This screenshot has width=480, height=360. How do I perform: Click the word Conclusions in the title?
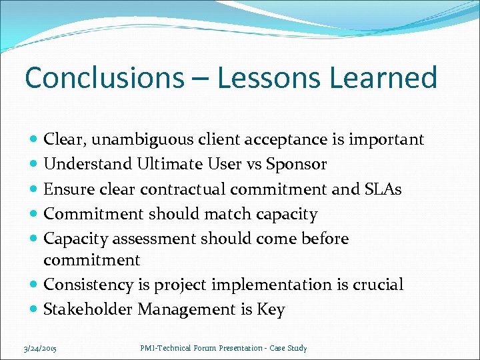coord(103,78)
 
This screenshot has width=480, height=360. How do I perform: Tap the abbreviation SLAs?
coord(383,189)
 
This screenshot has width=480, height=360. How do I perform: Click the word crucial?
coord(379,285)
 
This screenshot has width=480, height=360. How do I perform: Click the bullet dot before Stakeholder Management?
coord(34,310)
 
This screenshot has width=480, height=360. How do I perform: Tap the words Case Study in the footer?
coord(289,348)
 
